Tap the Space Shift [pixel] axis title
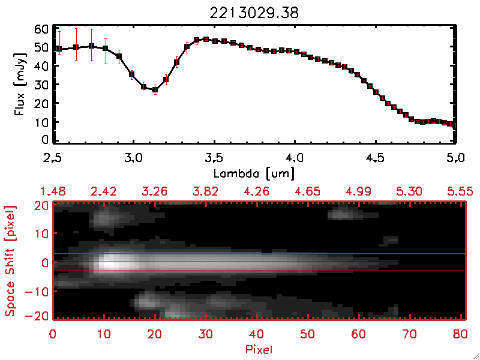(x=10, y=262)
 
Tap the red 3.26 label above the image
(x=155, y=191)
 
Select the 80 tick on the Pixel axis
(x=461, y=334)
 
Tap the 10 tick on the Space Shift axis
(x=42, y=233)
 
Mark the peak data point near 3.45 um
(x=206, y=40)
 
